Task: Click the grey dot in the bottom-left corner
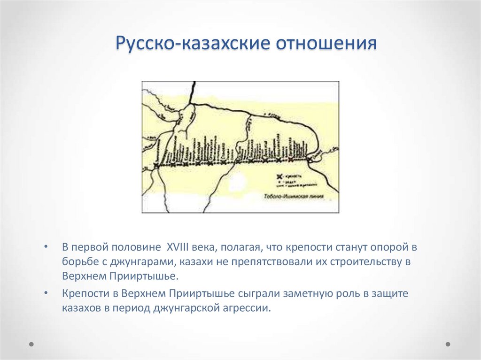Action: tap(31, 344)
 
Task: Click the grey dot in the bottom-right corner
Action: tap(448, 344)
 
